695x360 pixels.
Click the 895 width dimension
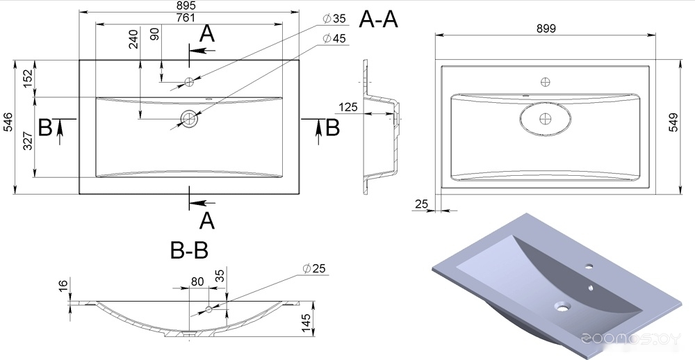tap(186, 6)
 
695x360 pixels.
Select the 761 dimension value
tap(186, 18)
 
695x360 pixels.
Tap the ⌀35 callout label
tap(334, 19)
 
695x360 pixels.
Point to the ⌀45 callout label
tap(334, 39)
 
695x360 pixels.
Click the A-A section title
tap(378, 19)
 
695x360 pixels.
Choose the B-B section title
tap(189, 250)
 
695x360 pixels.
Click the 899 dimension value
tap(546, 28)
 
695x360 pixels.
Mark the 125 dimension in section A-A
tap(348, 107)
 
